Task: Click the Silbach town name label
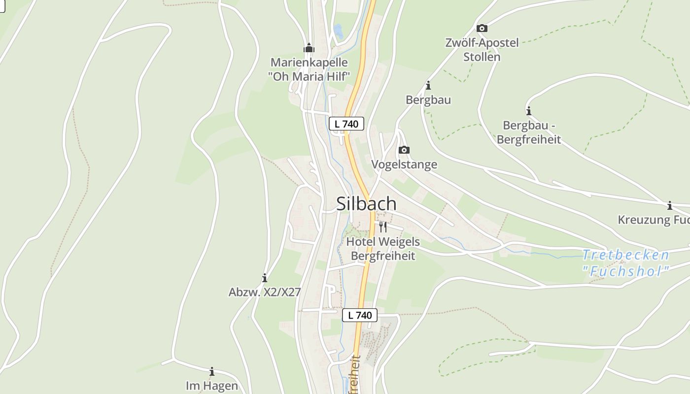[366, 203]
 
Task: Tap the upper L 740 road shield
[346, 124]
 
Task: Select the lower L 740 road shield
[360, 315]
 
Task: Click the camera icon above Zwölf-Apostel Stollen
[482, 29]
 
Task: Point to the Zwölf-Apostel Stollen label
[482, 50]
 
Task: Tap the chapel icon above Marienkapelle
[309, 48]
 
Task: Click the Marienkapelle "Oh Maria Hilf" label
[309, 69]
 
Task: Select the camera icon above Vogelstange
[404, 150]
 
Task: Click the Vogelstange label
[404, 164]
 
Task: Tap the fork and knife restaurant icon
[383, 227]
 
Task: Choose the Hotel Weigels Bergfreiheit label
[383, 249]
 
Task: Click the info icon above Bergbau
[428, 86]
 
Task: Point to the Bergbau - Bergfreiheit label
[528, 132]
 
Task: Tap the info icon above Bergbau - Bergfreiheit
[529, 111]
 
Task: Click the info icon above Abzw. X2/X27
[265, 278]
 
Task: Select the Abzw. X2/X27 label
[265, 292]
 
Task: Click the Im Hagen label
[212, 386]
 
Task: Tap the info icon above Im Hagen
[212, 371]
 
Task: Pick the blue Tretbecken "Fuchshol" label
[626, 263]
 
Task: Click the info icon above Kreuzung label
[669, 205]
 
